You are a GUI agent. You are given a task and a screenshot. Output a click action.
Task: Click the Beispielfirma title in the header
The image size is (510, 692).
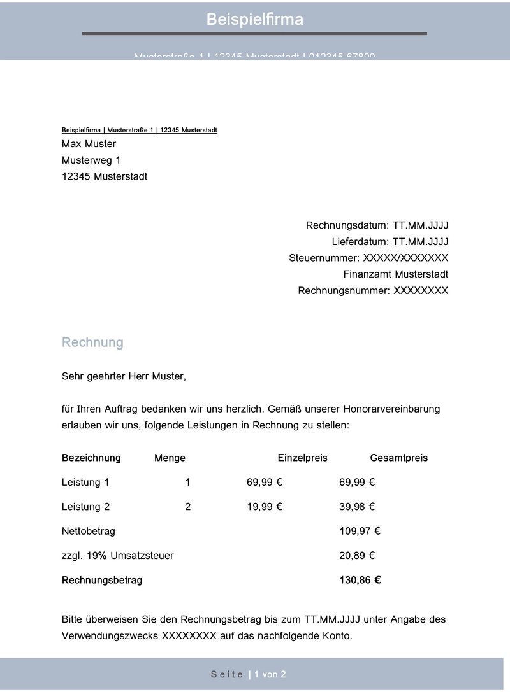(x=254, y=20)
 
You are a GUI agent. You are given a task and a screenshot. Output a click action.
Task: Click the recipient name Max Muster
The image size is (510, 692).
(x=89, y=144)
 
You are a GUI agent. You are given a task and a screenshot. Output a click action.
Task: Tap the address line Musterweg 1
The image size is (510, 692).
(x=91, y=160)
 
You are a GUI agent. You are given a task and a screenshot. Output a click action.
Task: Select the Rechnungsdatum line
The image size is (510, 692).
(x=377, y=225)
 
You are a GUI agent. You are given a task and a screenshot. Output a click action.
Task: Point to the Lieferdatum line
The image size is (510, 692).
(x=390, y=242)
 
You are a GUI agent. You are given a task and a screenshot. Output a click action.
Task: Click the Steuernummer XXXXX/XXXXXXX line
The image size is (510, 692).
(x=368, y=258)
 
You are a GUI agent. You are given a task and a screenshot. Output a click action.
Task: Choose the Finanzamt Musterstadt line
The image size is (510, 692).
(x=395, y=274)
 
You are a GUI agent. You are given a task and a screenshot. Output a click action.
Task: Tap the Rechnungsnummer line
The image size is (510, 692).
(x=373, y=291)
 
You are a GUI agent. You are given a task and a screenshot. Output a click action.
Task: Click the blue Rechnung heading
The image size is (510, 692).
(x=92, y=342)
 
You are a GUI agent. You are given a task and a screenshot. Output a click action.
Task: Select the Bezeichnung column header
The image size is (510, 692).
(x=91, y=458)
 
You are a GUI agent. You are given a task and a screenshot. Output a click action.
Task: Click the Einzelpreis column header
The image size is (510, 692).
(x=302, y=458)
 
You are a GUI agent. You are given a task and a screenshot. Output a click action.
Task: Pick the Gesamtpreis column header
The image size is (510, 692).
(x=398, y=458)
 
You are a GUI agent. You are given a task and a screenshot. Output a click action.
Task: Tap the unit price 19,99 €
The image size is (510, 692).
(x=264, y=507)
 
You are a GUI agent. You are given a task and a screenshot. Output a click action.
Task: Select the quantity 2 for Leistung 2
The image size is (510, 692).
(x=187, y=507)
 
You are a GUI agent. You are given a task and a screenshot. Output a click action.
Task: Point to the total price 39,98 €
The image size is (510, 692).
(x=356, y=507)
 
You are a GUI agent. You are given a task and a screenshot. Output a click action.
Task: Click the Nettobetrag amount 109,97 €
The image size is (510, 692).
(x=360, y=531)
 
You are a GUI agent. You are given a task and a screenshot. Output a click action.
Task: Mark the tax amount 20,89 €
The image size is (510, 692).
(x=356, y=556)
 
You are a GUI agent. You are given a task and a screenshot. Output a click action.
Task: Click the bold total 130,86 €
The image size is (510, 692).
(x=360, y=580)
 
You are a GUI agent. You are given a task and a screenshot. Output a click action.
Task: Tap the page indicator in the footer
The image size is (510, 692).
(x=249, y=674)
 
